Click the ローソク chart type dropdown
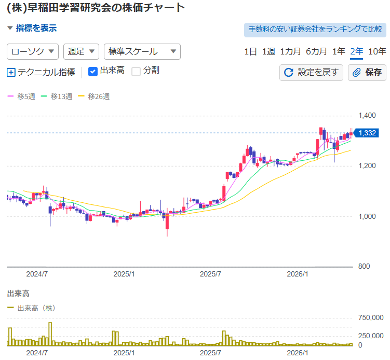[33, 52]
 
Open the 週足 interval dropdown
[81, 52]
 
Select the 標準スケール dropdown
[142, 52]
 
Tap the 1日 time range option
[250, 52]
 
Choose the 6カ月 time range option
[316, 52]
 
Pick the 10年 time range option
[377, 52]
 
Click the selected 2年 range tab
[356, 52]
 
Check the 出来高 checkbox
[93, 72]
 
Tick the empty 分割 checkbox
[136, 72]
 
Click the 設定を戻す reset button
[311, 73]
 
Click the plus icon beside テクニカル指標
[11, 73]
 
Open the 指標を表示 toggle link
[32, 28]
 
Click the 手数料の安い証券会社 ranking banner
[315, 30]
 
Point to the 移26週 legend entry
[94, 96]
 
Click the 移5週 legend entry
[21, 96]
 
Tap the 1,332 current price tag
[366, 133]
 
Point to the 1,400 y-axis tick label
[367, 116]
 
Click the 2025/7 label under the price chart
[210, 274]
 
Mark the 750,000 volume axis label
[371, 318]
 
